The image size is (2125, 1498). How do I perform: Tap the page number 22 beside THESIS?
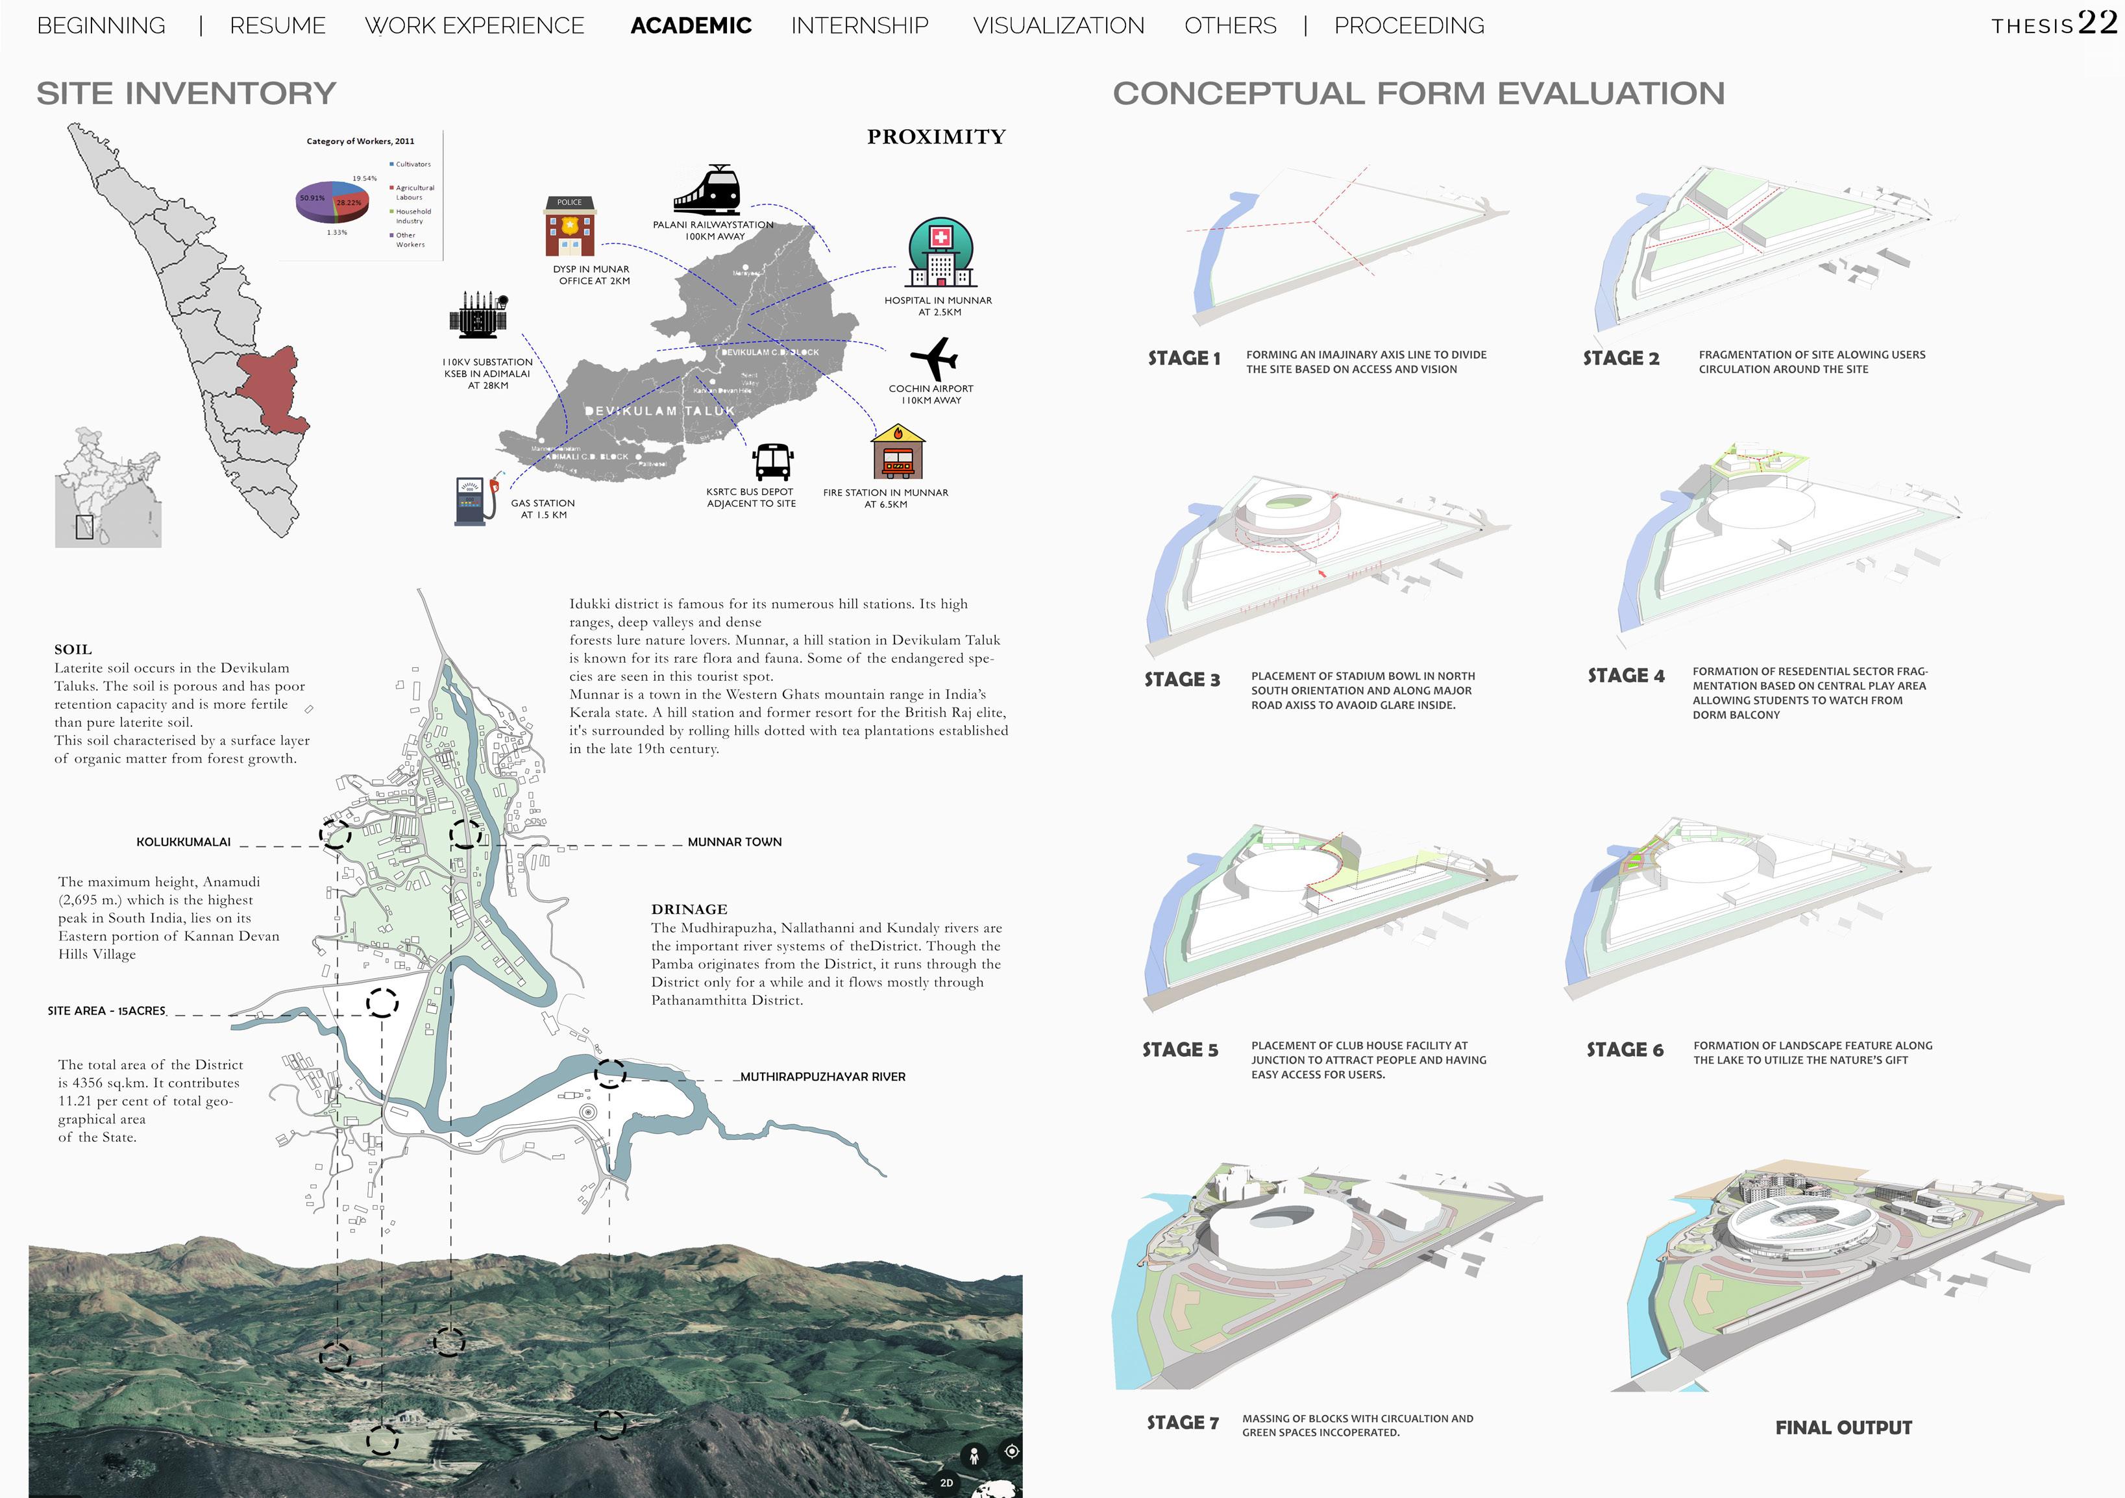pyautogui.click(x=2097, y=22)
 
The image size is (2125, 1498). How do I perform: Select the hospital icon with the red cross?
pyautogui.click(x=940, y=252)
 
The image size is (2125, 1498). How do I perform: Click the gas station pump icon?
pyautogui.click(x=473, y=500)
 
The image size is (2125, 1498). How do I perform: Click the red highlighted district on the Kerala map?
pyautogui.click(x=270, y=389)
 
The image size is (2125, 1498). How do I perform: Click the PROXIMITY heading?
pyautogui.click(x=936, y=137)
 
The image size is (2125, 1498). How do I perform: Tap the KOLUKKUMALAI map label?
pyautogui.click(x=183, y=842)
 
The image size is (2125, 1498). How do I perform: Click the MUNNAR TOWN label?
pyautogui.click(x=734, y=842)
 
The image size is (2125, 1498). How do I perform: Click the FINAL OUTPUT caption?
pyautogui.click(x=1843, y=1428)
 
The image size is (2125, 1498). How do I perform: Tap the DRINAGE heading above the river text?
pyautogui.click(x=689, y=909)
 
